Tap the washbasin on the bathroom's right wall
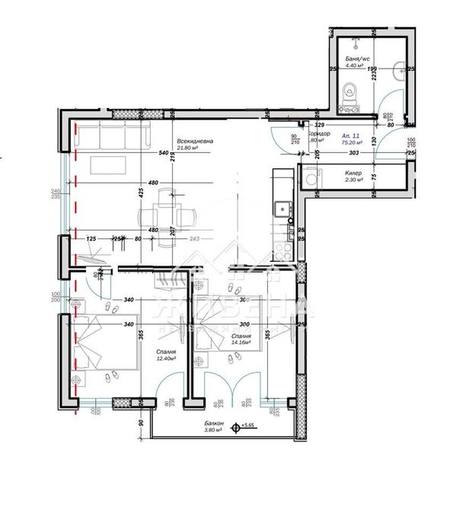coord(401,70)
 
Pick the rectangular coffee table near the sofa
coord(109,164)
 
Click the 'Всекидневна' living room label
coord(195,141)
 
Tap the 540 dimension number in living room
coord(163,153)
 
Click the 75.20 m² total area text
coord(352,141)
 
